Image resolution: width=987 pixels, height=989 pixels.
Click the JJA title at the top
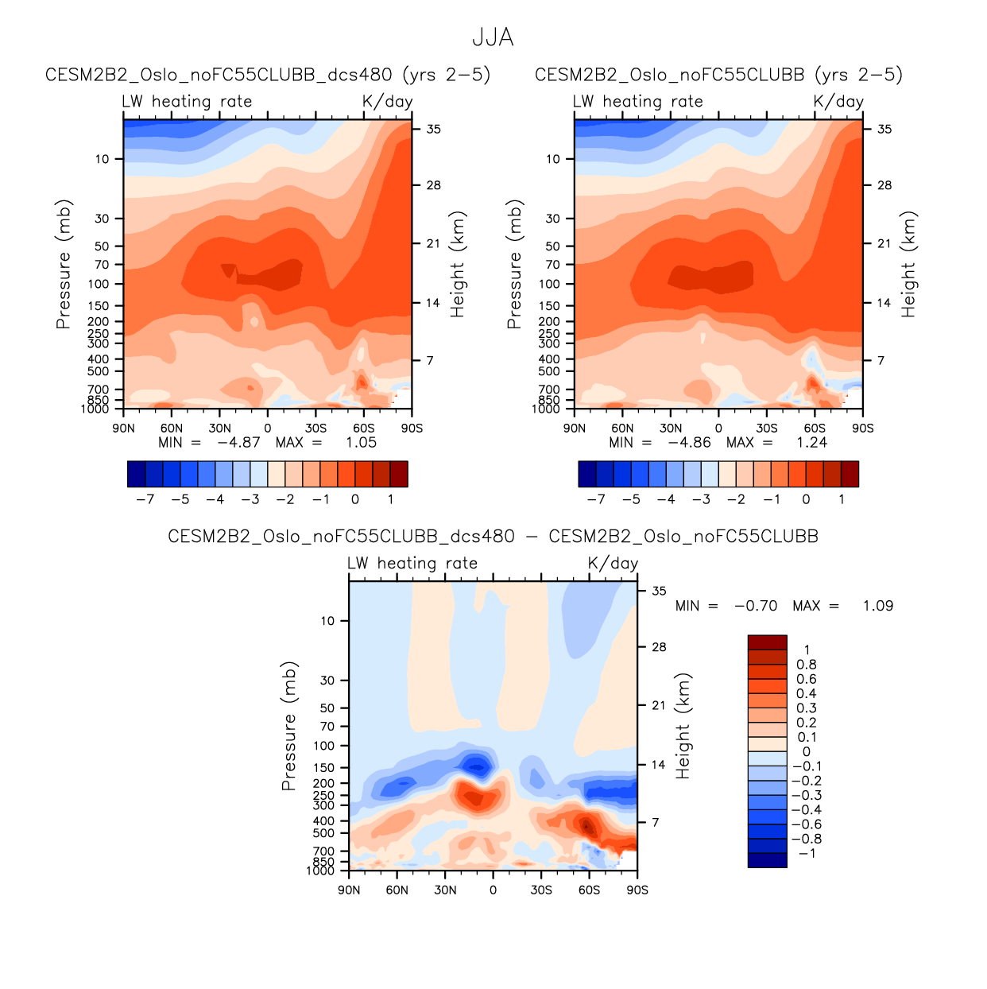tap(493, 37)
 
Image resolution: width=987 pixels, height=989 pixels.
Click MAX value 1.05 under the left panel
tap(361, 443)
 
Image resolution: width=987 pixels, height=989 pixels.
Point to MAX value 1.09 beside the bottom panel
tap(877, 606)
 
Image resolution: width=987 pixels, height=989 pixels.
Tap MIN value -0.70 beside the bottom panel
tap(755, 606)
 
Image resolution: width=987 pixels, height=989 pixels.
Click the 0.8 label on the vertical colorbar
tap(807, 665)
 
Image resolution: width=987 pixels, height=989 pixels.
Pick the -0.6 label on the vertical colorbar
tap(807, 824)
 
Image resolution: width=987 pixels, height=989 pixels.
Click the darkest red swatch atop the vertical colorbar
tap(767, 642)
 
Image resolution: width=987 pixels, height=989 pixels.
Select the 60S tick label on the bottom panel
tap(589, 890)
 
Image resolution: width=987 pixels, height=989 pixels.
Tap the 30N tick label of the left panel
tap(220, 428)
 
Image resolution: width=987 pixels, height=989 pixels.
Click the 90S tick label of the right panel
tap(862, 428)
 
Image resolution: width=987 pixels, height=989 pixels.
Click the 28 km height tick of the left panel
tap(433, 185)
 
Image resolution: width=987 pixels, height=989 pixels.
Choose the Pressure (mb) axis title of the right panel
tap(514, 264)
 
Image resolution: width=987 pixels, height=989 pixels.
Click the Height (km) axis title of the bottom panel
tap(683, 725)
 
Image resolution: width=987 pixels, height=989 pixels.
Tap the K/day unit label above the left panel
tap(387, 101)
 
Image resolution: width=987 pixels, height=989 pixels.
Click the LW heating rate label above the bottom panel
tap(412, 563)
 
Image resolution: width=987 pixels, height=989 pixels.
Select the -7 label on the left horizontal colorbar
tap(145, 499)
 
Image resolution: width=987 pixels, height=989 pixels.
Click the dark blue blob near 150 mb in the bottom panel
tap(477, 766)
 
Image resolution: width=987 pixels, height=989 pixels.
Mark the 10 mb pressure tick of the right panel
tap(553, 159)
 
